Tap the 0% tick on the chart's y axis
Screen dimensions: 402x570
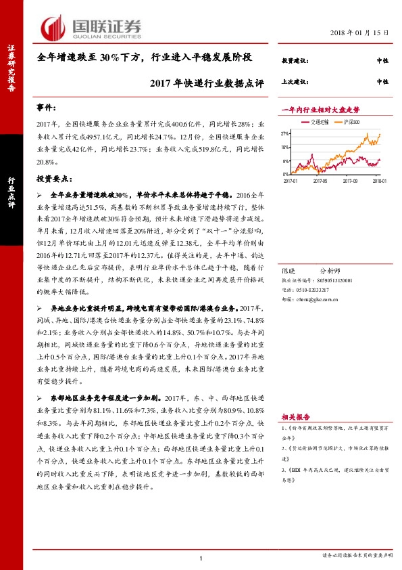[x=286, y=174]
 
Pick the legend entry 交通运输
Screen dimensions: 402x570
[x=320, y=123]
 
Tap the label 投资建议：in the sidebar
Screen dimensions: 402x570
[x=295, y=61]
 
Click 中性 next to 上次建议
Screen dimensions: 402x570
[x=382, y=81]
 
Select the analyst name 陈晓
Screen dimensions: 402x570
[x=291, y=269]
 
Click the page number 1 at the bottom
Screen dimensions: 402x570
[x=201, y=558]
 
